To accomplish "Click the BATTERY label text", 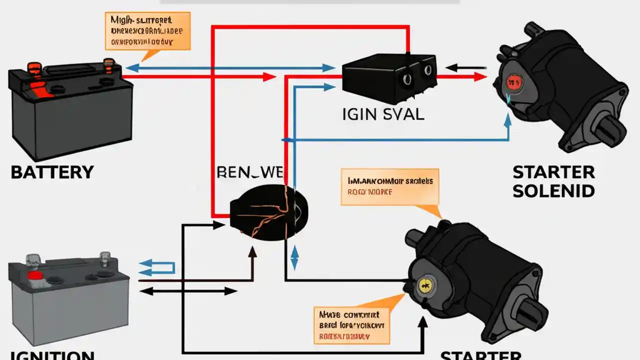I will (x=52, y=172).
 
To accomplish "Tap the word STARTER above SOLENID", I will (x=554, y=172).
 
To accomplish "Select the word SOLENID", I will (x=554, y=190).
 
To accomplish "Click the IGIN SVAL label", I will (x=383, y=114).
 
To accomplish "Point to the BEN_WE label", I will (x=250, y=172).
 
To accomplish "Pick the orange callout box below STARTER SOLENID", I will (x=389, y=186).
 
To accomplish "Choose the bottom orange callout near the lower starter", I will (x=351, y=324).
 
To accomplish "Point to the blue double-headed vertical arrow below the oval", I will (x=294, y=257).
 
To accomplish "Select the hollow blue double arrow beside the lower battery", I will (x=156, y=267).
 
